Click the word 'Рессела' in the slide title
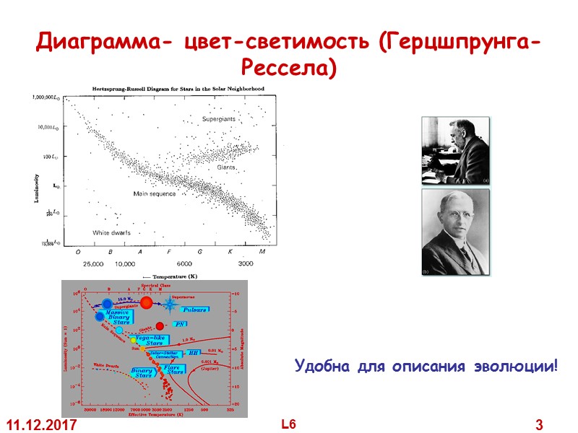(x=288, y=69)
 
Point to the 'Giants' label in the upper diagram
(x=229, y=167)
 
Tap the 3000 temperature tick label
(x=246, y=264)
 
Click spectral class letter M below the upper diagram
(x=262, y=252)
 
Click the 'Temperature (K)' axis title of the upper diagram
(x=173, y=276)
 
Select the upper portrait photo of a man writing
(x=455, y=149)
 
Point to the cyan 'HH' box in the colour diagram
(x=194, y=353)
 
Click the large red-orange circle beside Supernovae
(x=147, y=302)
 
